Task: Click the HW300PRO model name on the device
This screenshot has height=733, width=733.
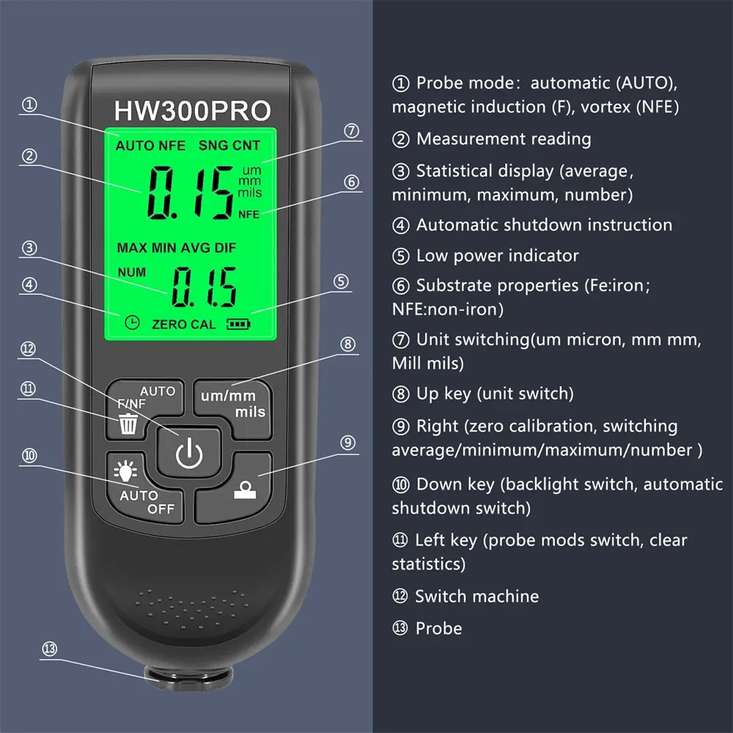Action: [x=192, y=111]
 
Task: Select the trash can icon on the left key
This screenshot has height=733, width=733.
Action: [x=128, y=424]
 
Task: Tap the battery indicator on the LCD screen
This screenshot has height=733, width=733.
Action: [x=238, y=323]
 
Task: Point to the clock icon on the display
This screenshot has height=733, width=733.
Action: [x=132, y=323]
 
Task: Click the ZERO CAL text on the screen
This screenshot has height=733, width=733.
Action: [x=183, y=324]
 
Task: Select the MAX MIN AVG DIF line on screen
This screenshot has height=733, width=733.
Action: [x=177, y=248]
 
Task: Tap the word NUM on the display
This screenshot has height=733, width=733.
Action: [x=132, y=272]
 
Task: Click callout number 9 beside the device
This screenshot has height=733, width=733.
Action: [x=348, y=442]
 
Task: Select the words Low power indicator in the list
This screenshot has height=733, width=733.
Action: [x=497, y=256]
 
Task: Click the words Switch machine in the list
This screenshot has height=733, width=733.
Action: [x=476, y=597]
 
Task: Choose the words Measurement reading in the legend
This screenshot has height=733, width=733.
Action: [x=504, y=139]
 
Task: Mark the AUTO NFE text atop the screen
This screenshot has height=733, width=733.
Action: [x=150, y=146]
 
